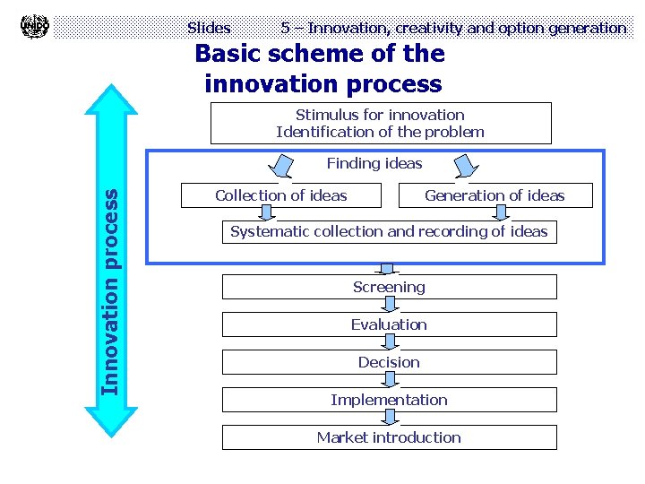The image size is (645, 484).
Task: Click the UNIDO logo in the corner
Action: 34,26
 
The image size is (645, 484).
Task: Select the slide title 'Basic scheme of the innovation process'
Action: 321,69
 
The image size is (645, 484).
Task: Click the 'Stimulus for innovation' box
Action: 380,123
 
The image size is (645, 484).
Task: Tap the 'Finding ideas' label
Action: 374,163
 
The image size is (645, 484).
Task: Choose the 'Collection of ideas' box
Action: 281,195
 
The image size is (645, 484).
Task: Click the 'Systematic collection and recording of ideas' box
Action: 389,231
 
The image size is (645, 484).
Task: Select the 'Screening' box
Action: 389,287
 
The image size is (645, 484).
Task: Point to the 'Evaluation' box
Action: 389,324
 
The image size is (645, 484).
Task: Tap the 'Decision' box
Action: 389,362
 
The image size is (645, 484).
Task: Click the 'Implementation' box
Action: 389,400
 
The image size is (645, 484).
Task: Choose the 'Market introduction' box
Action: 389,437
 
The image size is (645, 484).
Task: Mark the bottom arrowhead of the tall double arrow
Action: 110,421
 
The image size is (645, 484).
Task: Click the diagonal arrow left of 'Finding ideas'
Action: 284,166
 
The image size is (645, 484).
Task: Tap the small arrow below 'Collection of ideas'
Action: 266,212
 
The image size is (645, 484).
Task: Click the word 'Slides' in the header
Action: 209,28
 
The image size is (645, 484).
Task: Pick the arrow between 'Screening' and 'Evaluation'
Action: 389,305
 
